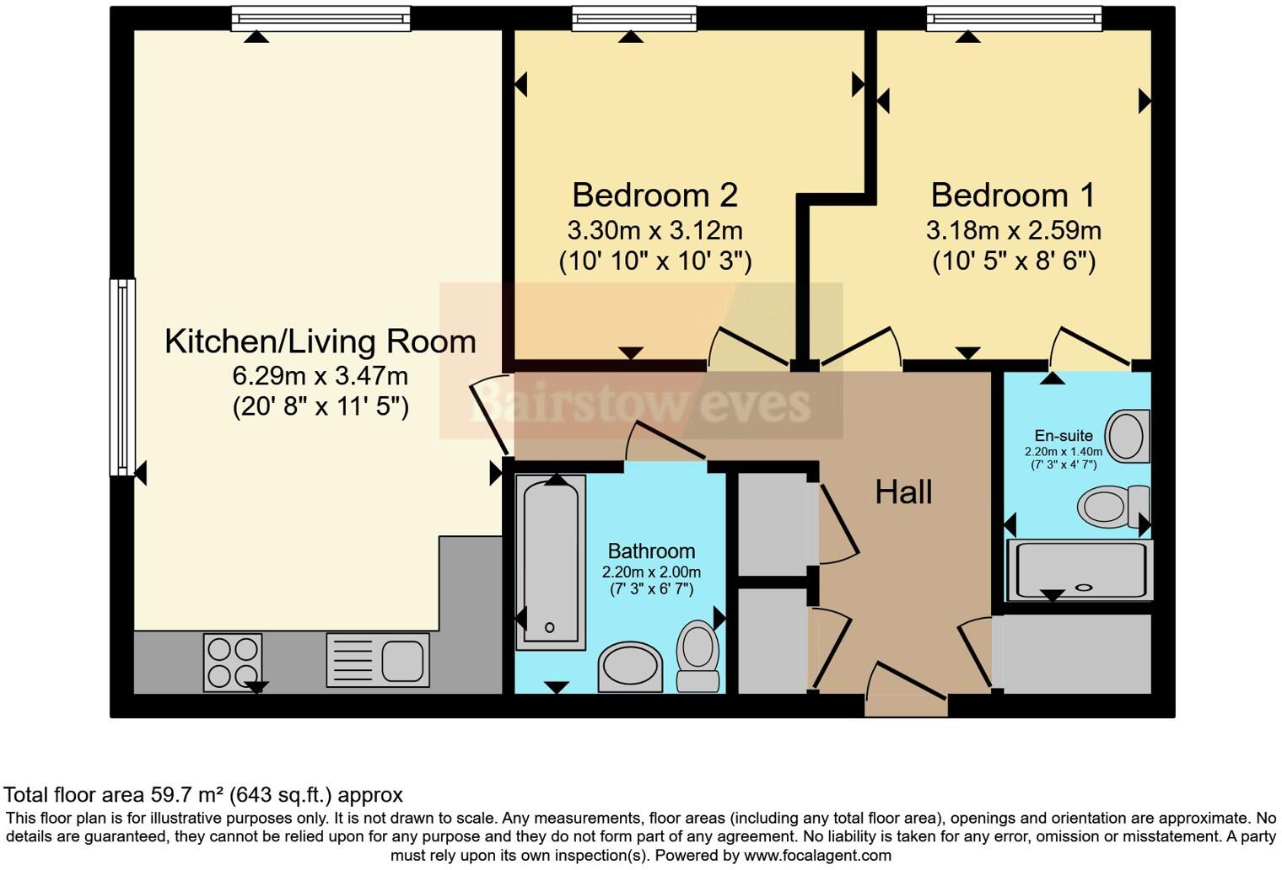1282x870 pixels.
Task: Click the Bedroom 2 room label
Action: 654,195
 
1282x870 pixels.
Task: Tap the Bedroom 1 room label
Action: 1013,195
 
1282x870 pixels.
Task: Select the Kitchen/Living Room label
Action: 320,341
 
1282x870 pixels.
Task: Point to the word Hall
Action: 903,492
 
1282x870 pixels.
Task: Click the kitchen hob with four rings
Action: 233,662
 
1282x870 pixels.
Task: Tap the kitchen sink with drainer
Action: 377,659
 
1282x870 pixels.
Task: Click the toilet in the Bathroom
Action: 698,655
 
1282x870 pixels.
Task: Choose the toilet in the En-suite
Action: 1112,506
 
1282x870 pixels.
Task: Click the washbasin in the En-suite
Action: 1127,436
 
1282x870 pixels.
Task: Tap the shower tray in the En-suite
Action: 1080,571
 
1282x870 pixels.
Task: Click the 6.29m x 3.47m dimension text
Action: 320,375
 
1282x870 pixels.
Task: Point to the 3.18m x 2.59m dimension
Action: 1013,230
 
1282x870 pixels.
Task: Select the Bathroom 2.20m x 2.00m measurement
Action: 651,572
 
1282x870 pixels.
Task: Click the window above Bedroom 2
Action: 634,19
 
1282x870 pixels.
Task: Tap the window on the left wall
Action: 123,377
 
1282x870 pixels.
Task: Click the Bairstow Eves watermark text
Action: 641,403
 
